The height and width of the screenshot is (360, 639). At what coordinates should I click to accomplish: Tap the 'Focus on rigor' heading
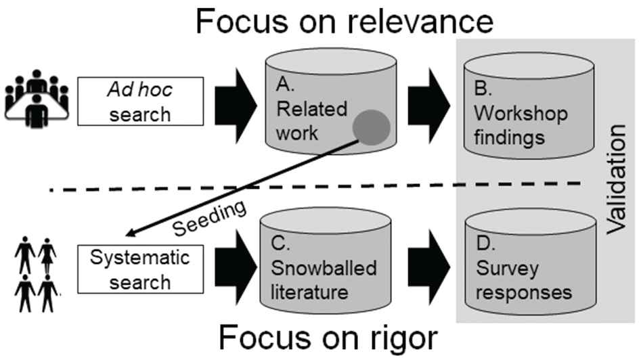[x=328, y=338]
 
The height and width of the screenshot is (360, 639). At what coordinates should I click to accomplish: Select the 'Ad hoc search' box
[x=140, y=102]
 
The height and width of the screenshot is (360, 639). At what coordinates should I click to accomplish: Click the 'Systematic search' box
[x=140, y=269]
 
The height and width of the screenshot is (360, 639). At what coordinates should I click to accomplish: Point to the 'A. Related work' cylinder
[x=330, y=102]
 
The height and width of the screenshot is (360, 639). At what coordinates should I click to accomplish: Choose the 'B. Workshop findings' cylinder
[x=529, y=105]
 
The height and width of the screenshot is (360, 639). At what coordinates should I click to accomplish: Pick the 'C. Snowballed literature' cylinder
[x=325, y=261]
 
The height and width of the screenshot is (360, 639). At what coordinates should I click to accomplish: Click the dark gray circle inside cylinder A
[x=371, y=127]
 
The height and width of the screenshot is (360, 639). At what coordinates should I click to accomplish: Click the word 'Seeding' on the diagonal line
[x=209, y=219]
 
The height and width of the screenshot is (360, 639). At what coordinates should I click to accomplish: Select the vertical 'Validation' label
[x=616, y=179]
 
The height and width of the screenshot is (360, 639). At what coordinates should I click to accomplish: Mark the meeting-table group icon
[x=37, y=98]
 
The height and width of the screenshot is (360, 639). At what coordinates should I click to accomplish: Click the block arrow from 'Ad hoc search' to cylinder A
[x=236, y=106]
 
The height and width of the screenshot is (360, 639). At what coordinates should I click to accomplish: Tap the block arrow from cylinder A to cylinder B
[x=428, y=106]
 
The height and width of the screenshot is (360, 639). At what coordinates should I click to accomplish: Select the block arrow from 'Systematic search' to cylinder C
[x=236, y=267]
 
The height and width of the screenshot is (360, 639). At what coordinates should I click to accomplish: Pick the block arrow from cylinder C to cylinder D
[x=428, y=267]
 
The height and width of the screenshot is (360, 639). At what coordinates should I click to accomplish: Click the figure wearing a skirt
[x=47, y=255]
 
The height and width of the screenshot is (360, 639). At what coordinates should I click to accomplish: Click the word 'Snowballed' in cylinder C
[x=324, y=268]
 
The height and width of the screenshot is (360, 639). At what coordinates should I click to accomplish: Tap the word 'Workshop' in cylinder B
[x=521, y=114]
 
